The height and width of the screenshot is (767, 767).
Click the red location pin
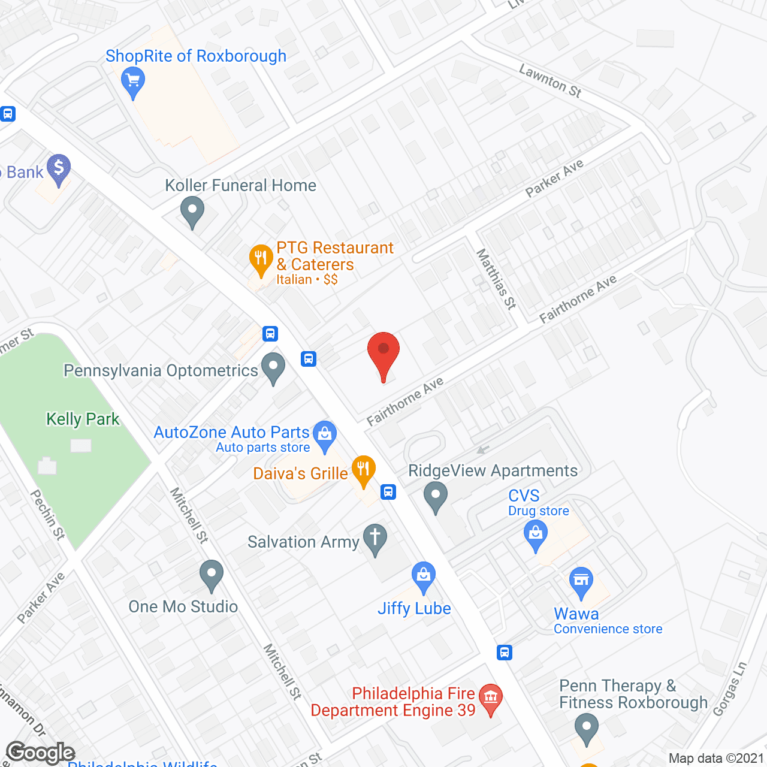[x=383, y=351]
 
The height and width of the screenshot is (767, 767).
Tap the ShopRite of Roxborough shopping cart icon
[x=133, y=80]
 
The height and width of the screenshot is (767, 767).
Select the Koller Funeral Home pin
[x=192, y=212]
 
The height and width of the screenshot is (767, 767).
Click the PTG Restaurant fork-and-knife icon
[x=261, y=259]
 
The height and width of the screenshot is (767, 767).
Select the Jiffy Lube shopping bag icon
[x=424, y=576]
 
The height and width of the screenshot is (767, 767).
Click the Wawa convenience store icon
[x=581, y=581]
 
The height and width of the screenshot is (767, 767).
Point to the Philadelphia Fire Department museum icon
[x=491, y=697]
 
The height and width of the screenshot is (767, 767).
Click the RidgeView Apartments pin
[x=436, y=496]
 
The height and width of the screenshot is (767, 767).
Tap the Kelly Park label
[x=83, y=419]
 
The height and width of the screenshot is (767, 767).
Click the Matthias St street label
[x=496, y=279]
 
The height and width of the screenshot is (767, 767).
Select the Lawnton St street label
[x=550, y=81]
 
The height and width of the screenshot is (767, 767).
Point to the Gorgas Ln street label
[x=730, y=689]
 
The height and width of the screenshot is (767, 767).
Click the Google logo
[x=41, y=753]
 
